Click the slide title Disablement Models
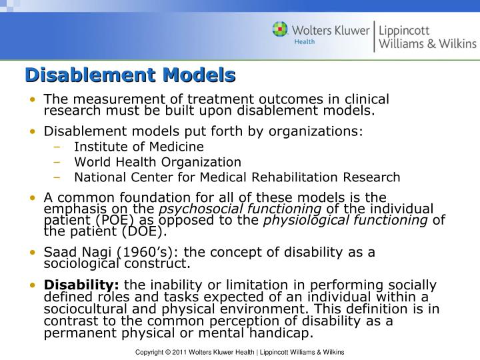click(131, 75)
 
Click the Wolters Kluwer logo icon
click(281, 30)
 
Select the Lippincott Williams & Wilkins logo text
click(427, 37)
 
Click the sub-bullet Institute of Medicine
click(139, 147)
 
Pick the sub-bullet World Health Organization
click(157, 162)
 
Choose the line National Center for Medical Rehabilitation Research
click(237, 177)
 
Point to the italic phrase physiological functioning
click(345, 221)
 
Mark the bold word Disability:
click(81, 285)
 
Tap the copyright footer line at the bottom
click(239, 351)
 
